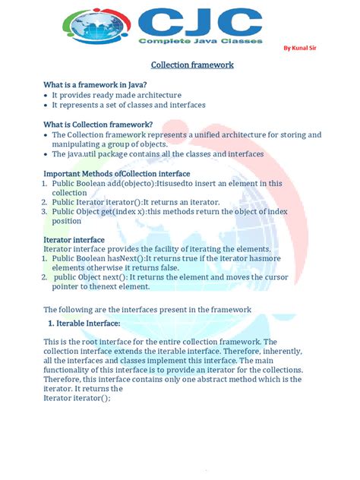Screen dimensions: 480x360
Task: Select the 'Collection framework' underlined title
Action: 191,65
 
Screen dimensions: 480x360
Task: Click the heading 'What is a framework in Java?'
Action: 94,84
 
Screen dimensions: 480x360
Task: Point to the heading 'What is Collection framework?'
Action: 98,124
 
